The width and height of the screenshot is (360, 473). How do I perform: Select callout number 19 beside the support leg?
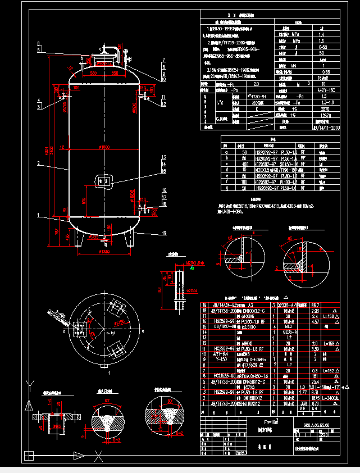164,233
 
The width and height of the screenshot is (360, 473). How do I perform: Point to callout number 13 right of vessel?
164,157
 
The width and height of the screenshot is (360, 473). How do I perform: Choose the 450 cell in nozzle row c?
244,163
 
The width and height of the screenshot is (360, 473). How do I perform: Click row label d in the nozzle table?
226,170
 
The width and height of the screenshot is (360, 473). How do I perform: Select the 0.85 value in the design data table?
322,72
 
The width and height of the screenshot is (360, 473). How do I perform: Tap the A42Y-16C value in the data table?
322,90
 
